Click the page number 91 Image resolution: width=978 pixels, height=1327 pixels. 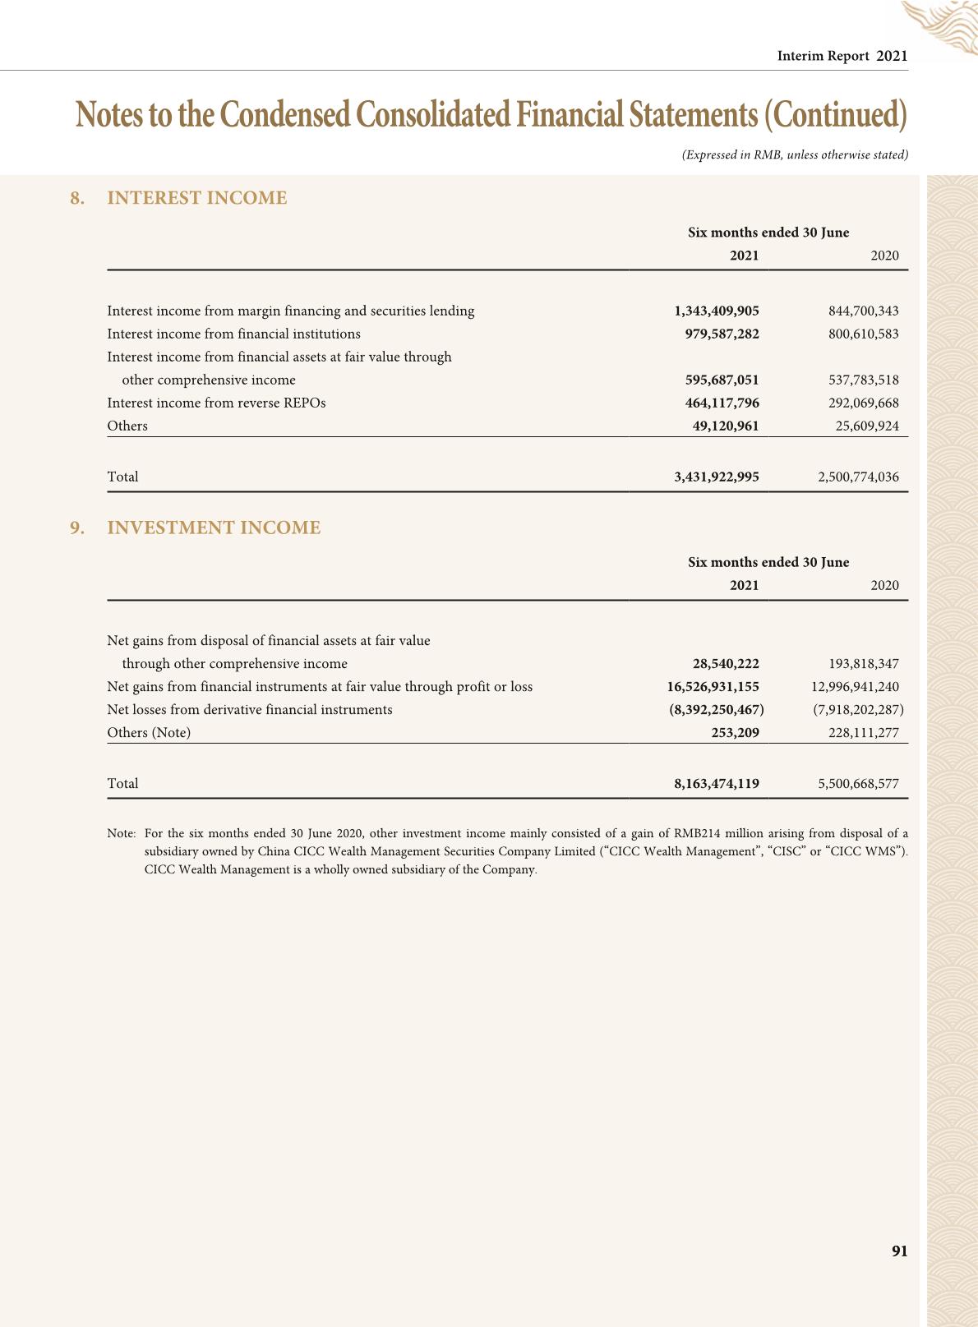[x=899, y=1251]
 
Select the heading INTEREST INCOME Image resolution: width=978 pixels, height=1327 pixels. [x=197, y=198]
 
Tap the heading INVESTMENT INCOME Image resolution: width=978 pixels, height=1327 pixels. [x=214, y=528]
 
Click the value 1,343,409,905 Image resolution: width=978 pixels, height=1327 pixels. [x=716, y=311]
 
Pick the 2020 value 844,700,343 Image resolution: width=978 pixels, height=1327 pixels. [x=863, y=311]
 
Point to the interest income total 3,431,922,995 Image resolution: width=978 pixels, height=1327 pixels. [x=716, y=477]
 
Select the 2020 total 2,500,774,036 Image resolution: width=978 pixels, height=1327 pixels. [x=858, y=477]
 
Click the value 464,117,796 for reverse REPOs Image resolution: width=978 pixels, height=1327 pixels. [x=722, y=403]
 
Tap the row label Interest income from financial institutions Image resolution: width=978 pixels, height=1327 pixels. [x=233, y=334]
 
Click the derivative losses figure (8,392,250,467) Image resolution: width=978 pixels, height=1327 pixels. [x=717, y=709]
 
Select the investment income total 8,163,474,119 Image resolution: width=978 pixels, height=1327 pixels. [x=716, y=783]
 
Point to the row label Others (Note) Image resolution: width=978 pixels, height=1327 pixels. [x=149, y=732]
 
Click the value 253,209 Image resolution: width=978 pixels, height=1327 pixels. [x=735, y=732]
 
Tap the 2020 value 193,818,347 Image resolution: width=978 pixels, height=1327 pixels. [x=863, y=663]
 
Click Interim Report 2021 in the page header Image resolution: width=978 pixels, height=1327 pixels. [x=842, y=56]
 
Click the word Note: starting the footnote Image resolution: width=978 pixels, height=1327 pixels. [x=121, y=833]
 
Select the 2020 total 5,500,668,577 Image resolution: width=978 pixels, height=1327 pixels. [x=858, y=783]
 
